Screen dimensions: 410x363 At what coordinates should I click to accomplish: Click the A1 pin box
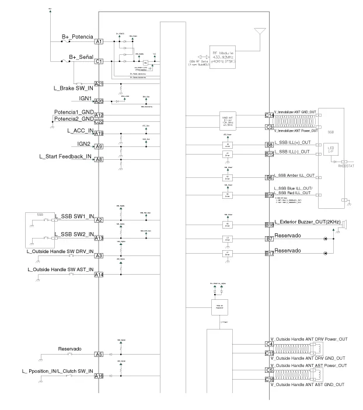click(99, 42)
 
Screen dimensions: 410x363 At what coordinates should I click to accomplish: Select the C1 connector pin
click(99, 61)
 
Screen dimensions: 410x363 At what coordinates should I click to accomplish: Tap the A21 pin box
click(99, 84)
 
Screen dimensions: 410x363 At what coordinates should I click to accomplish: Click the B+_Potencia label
click(77, 37)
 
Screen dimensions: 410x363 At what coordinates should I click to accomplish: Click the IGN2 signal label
click(84, 143)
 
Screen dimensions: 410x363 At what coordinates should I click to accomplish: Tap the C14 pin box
click(269, 115)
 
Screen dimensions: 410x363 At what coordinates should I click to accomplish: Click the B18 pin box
click(269, 225)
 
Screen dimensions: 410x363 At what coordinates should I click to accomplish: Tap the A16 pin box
click(99, 376)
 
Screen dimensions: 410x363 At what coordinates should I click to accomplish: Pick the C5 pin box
click(269, 370)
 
